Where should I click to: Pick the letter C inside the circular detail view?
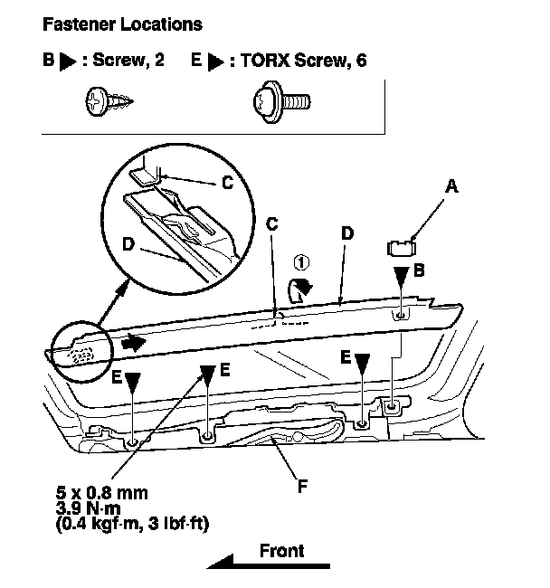[x=228, y=182]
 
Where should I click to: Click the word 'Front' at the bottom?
[x=281, y=549]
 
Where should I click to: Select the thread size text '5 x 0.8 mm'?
[x=100, y=492]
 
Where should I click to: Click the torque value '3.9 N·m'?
[x=88, y=507]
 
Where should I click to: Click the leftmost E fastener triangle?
[x=133, y=383]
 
